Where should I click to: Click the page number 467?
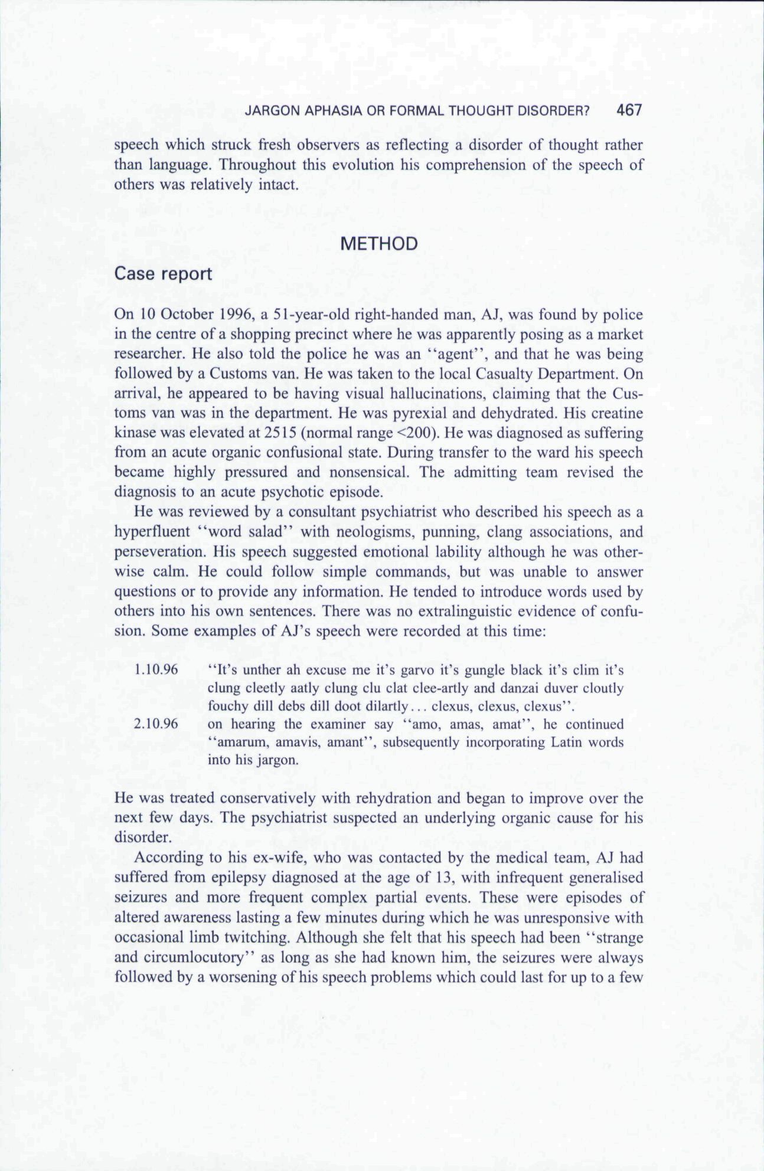pyautogui.click(x=628, y=110)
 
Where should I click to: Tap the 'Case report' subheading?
pyautogui.click(x=163, y=274)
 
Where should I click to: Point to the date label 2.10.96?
pyautogui.click(x=156, y=724)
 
